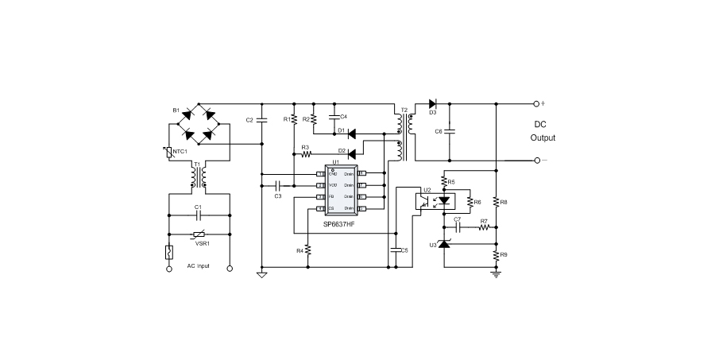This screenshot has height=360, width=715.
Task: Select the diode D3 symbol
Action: [432, 103]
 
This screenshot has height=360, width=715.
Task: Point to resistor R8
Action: [496, 202]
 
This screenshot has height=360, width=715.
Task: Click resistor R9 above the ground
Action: [496, 256]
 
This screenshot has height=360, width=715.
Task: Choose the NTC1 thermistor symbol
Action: [169, 152]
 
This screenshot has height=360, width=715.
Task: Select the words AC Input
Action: [198, 266]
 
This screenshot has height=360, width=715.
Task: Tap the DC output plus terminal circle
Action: [536, 103]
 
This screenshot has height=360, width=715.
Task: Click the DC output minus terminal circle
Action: [536, 161]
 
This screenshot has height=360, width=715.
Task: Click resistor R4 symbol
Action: [308, 250]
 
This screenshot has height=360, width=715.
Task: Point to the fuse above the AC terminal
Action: [168, 254]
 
